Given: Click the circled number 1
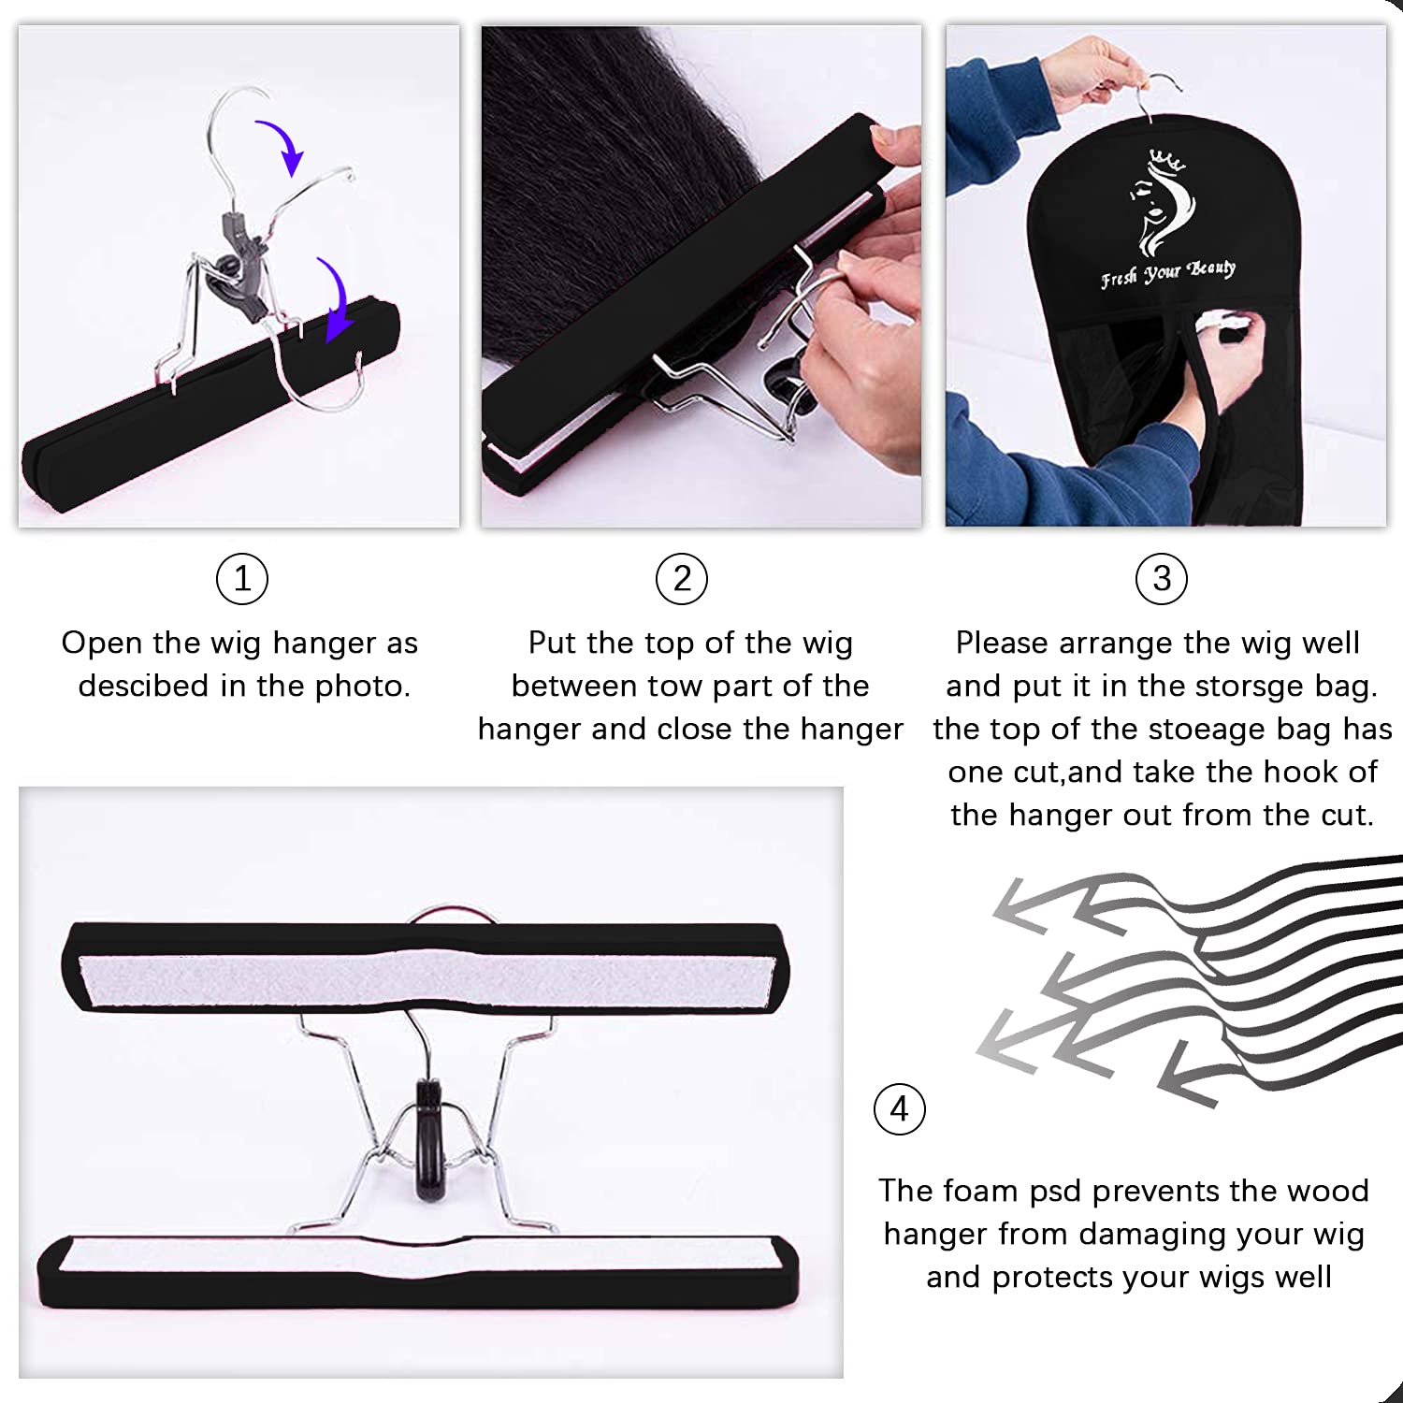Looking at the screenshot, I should [242, 579].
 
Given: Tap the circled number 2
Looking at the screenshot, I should [682, 579].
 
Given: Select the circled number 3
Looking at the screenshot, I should [1161, 579].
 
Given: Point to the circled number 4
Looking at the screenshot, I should [899, 1109].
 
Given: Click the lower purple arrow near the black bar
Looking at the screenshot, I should [334, 299].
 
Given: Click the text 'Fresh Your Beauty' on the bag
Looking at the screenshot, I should [1168, 273].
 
